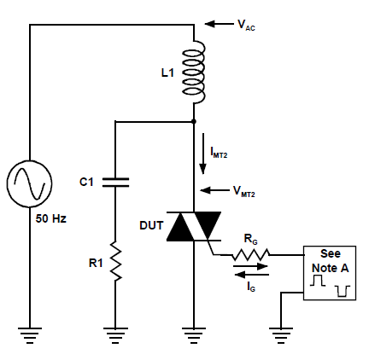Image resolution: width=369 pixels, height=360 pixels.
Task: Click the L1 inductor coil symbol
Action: point(194,72)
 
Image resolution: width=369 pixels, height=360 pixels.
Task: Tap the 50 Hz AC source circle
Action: point(30,183)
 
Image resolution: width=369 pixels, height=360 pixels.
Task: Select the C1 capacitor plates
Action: point(115,183)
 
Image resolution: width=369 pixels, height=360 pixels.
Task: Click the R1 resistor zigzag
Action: point(115,261)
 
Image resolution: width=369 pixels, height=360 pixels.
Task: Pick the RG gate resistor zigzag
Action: point(250,254)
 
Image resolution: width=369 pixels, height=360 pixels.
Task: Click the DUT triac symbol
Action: point(194,226)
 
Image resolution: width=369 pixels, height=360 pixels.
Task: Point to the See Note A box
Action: point(330,273)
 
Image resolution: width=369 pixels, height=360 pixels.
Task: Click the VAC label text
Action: point(246,25)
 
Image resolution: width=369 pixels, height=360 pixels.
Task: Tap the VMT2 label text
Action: point(244,191)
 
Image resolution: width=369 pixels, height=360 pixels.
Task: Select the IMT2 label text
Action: point(219,153)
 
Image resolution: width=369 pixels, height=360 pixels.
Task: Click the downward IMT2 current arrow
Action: point(203,154)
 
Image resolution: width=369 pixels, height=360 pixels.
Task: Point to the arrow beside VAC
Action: point(219,24)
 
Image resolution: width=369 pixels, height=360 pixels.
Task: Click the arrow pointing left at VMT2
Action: point(214,190)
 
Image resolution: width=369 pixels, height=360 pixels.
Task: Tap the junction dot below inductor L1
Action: point(194,122)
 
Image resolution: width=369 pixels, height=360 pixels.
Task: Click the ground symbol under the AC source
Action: point(30,335)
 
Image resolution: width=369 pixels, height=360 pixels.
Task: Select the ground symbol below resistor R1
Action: point(115,335)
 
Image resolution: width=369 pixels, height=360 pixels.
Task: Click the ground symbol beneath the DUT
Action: point(194,335)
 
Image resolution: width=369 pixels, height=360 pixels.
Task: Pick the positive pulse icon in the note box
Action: point(318,281)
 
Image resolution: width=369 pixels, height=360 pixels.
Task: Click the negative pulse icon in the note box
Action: point(343,291)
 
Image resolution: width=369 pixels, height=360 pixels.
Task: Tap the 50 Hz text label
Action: point(51,218)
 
